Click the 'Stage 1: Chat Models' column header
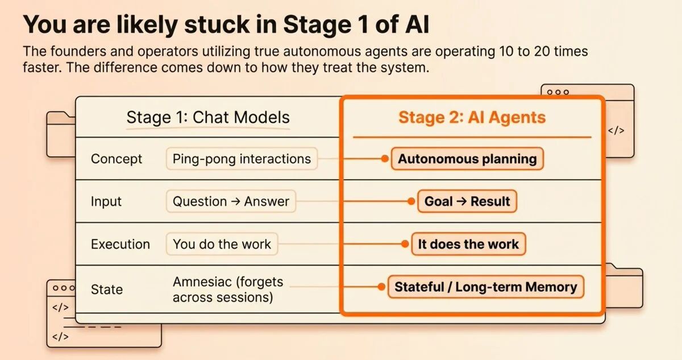point(208,118)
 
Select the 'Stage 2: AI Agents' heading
point(472,118)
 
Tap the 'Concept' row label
point(117,159)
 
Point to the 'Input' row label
point(106,202)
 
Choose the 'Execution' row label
point(120,244)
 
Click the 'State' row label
point(107,289)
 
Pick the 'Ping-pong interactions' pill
point(242,159)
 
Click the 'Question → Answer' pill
point(231,201)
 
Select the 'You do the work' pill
point(222,244)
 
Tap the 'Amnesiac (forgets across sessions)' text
point(228,289)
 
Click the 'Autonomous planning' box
point(467,159)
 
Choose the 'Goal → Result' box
point(467,201)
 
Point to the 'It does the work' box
point(468,244)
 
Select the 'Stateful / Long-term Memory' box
point(486,287)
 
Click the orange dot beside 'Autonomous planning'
point(385,159)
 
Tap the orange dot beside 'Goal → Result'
point(411,201)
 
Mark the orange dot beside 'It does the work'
point(405,244)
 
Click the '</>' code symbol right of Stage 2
point(616,131)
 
